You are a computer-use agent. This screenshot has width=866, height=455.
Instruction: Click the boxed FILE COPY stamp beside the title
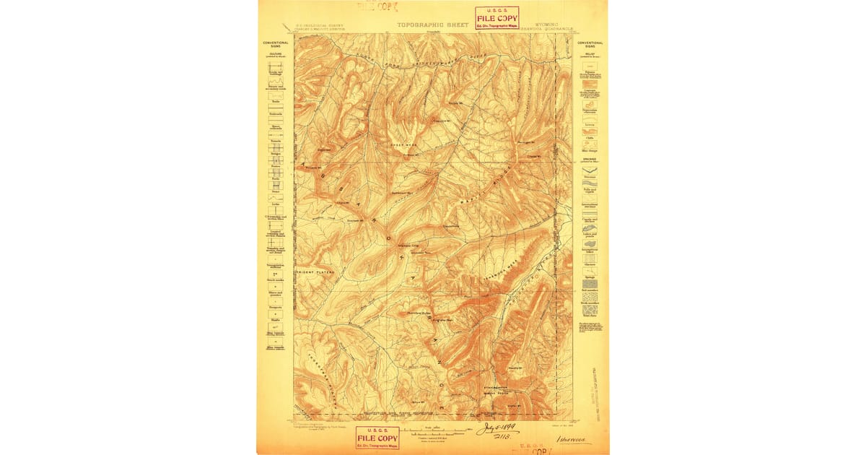pyautogui.click(x=497, y=17)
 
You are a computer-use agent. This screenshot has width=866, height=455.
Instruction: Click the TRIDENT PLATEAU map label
pyautogui.click(x=312, y=272)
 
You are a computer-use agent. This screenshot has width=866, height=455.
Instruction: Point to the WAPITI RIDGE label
pyautogui.click(x=494, y=181)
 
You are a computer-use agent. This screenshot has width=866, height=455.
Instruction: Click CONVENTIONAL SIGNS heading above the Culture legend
pyautogui.click(x=276, y=45)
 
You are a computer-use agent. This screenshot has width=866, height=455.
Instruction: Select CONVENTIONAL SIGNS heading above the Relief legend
pyautogui.click(x=590, y=45)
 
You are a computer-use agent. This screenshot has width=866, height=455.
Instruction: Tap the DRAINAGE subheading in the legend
pyautogui.click(x=590, y=161)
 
